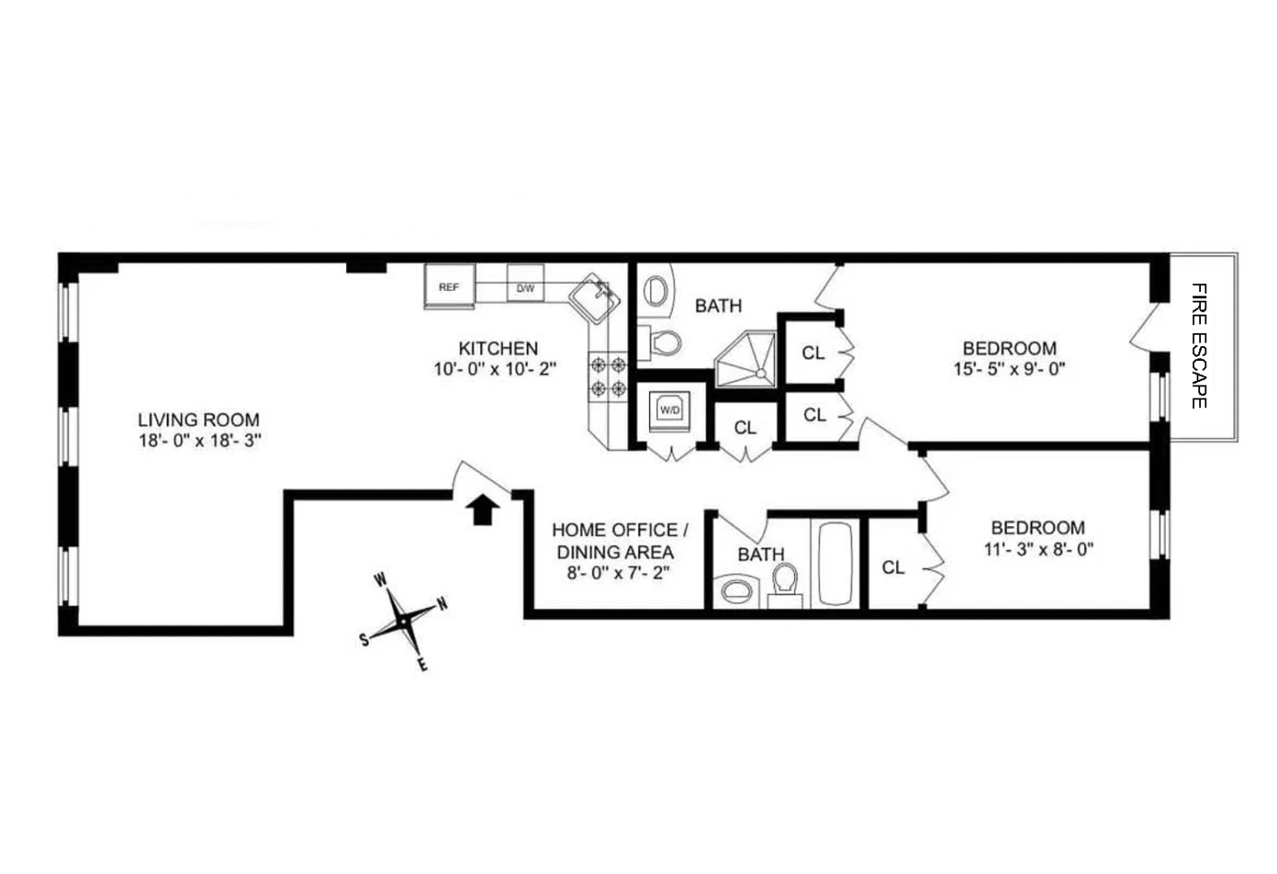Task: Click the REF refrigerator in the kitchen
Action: (449, 287)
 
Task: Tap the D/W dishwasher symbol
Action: (525, 287)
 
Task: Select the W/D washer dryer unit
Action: (670, 410)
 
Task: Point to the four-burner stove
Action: (608, 376)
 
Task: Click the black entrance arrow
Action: (481, 510)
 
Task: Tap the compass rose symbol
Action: (404, 620)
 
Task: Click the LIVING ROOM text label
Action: (198, 420)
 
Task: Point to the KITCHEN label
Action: (498, 348)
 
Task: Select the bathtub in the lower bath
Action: (835, 564)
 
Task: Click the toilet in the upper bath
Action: (666, 343)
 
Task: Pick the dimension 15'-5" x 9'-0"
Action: (1009, 369)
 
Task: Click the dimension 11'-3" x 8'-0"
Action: (1037, 549)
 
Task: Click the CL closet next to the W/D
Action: (745, 427)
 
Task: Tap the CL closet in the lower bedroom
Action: (893, 567)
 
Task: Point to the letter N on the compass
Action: (443, 604)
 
